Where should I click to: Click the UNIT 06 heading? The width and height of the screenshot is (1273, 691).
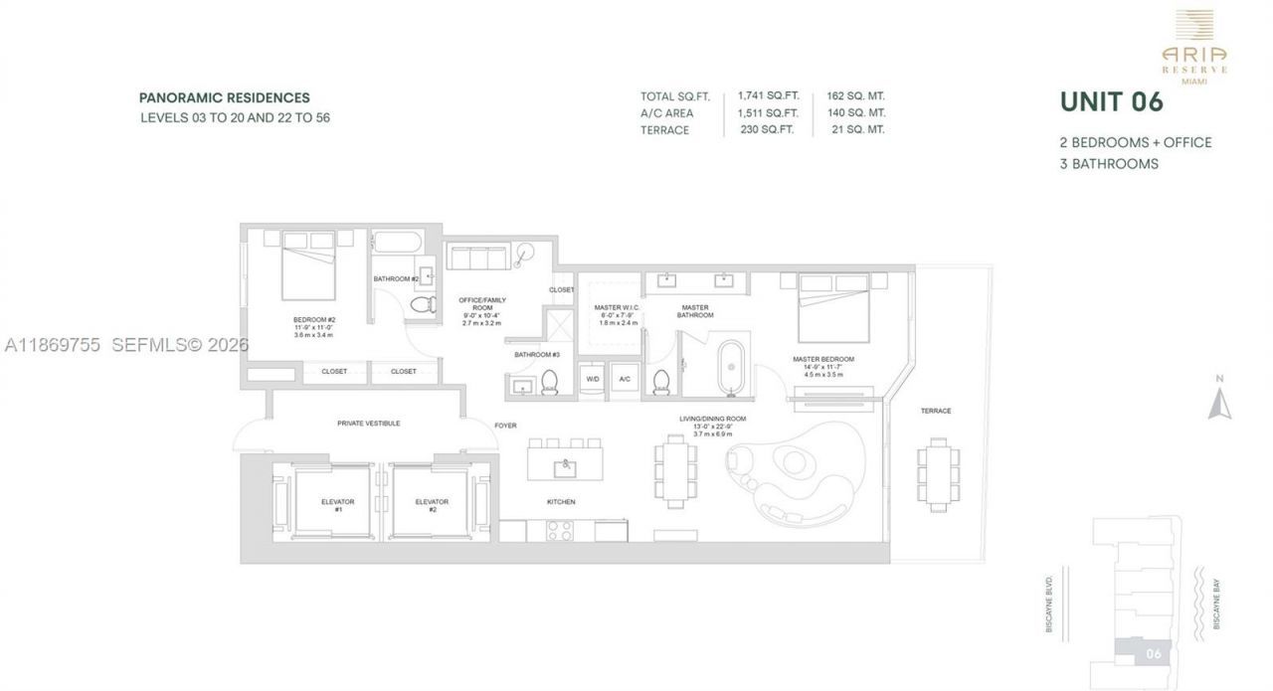(x=1111, y=102)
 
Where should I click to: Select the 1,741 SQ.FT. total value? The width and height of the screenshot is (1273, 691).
(x=768, y=96)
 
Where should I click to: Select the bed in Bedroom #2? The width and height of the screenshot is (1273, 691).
(x=308, y=265)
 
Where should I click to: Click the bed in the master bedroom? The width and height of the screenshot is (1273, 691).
(x=833, y=306)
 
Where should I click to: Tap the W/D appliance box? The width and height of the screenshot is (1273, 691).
(x=593, y=380)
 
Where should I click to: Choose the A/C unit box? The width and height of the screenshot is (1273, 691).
(x=625, y=380)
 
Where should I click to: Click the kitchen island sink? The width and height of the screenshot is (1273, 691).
(x=565, y=463)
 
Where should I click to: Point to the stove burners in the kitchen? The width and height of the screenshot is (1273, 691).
(x=560, y=531)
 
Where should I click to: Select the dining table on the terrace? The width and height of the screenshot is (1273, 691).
(x=938, y=475)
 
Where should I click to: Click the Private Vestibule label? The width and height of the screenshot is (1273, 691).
(x=368, y=424)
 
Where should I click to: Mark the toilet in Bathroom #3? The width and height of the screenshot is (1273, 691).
(x=549, y=383)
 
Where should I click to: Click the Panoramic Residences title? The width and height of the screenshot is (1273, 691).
(x=224, y=98)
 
